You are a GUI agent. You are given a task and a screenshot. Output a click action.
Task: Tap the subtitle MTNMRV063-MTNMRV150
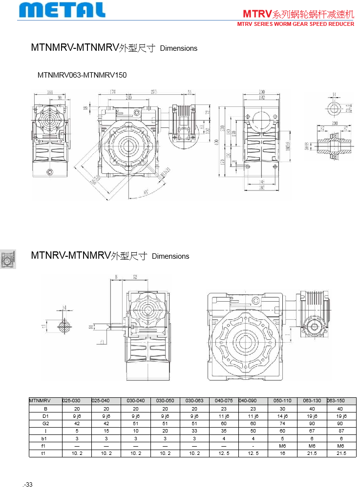(82, 75)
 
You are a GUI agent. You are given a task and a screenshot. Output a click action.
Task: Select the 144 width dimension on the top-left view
(50, 92)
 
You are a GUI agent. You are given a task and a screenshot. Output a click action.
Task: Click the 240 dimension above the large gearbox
(128, 98)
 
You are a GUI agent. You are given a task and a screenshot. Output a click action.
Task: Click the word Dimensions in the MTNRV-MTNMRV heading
(170, 256)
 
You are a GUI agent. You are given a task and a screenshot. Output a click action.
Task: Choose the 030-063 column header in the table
(194, 401)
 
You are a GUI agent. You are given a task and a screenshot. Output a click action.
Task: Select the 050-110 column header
(282, 401)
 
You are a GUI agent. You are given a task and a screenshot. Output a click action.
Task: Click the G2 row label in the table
(46, 424)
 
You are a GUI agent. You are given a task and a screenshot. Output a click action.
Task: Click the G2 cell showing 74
(282, 424)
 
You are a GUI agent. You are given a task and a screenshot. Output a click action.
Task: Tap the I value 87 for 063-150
(340, 431)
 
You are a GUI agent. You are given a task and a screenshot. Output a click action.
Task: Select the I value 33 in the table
(194, 431)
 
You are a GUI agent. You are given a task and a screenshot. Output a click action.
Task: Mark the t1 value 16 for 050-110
(282, 453)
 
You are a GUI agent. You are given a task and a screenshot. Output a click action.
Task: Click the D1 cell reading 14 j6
(282, 416)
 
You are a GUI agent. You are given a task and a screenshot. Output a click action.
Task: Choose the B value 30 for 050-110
(282, 409)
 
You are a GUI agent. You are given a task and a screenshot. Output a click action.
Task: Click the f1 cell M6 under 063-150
(340, 446)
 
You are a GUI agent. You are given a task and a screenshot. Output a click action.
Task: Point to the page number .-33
(27, 485)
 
